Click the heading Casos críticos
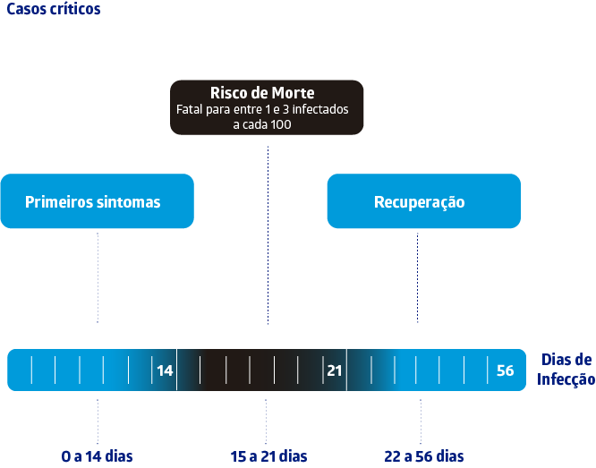[x=53, y=10]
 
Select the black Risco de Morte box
[x=267, y=107]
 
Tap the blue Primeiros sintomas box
[x=97, y=201]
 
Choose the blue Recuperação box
[x=422, y=201]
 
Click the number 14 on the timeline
[x=165, y=370]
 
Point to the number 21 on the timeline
[x=335, y=370]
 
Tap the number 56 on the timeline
[x=505, y=370]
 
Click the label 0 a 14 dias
[x=97, y=456]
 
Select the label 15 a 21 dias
[x=268, y=456]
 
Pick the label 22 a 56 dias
[x=424, y=456]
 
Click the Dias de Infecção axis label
[x=566, y=370]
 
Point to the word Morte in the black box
[x=294, y=93]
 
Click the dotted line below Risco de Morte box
[x=268, y=233]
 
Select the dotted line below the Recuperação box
[x=418, y=277]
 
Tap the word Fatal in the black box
[x=190, y=110]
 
